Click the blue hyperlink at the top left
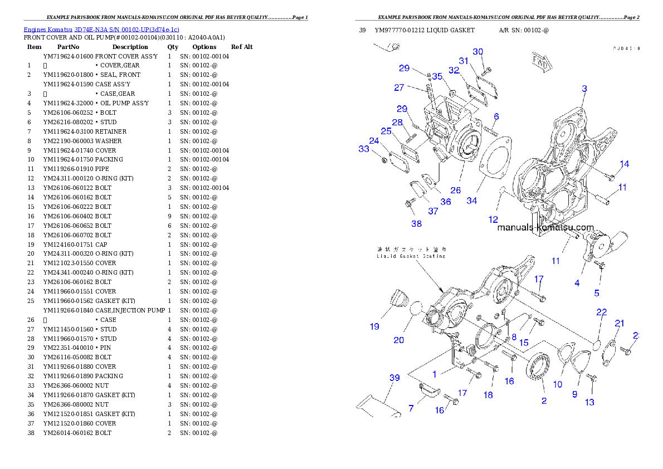(x=101, y=30)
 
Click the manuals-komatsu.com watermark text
(x=545, y=227)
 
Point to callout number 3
(x=584, y=89)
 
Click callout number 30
(x=478, y=52)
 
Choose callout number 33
(x=364, y=149)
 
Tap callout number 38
(x=416, y=224)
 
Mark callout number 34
(x=471, y=201)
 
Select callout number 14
(x=625, y=164)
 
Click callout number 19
(x=374, y=326)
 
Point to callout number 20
(x=399, y=340)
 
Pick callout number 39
(x=394, y=378)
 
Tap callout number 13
(x=589, y=402)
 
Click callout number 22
(x=601, y=312)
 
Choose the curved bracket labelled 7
(x=429, y=392)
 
